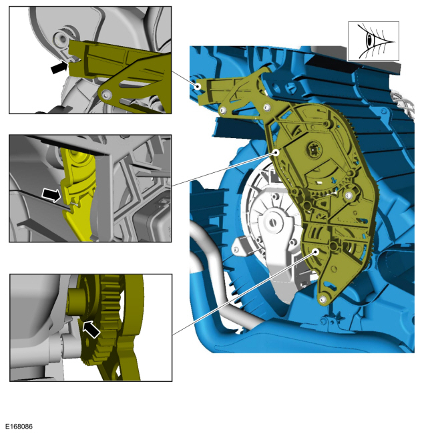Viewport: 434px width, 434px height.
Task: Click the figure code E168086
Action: coord(19,426)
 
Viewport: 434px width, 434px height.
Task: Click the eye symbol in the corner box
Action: coord(374,41)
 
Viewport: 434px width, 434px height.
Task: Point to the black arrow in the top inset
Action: coord(59,67)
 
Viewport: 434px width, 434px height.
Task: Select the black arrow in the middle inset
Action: coord(51,195)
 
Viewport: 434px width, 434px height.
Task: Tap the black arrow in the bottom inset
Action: coord(91,329)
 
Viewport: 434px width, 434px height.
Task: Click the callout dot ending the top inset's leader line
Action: coord(198,86)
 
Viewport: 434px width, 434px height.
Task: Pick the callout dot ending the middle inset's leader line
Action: coord(276,152)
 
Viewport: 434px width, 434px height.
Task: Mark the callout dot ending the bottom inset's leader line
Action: coord(316,251)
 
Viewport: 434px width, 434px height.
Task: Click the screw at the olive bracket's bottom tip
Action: coord(322,300)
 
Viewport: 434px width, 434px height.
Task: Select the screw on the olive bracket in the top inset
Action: coord(106,95)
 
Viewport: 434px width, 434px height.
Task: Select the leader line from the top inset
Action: coord(184,79)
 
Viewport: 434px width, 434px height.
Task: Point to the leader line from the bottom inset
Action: coord(244,293)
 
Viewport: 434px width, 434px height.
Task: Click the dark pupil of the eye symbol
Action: coord(369,41)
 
